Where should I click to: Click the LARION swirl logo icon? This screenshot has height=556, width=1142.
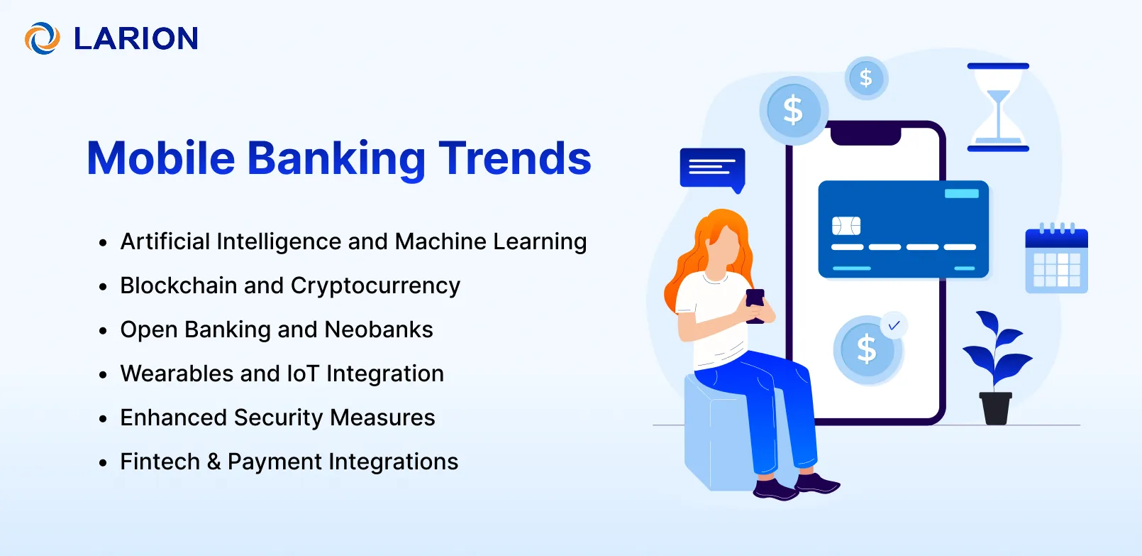pyautogui.click(x=42, y=38)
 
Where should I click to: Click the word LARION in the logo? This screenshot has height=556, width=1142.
pyautogui.click(x=136, y=39)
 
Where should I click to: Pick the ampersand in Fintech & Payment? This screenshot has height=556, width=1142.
pyautogui.click(x=214, y=462)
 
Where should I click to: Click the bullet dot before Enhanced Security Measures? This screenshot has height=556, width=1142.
pyautogui.click(x=104, y=419)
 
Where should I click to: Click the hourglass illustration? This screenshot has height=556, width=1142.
pyautogui.click(x=998, y=107)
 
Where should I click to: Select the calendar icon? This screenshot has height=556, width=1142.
pyautogui.click(x=1056, y=260)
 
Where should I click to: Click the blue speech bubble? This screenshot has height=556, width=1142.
pyautogui.click(x=711, y=168)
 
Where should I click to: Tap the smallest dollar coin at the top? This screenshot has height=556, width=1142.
pyautogui.click(x=866, y=78)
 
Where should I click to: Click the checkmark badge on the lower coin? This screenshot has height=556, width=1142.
pyautogui.click(x=894, y=325)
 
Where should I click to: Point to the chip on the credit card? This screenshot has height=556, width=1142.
pyautogui.click(x=846, y=226)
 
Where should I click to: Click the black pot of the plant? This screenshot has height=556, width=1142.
pyautogui.click(x=996, y=408)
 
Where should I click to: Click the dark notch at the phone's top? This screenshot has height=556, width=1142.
pyautogui.click(x=865, y=134)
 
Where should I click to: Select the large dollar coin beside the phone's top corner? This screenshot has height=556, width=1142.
pyautogui.click(x=793, y=111)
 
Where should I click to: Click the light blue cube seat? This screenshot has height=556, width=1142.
pyautogui.click(x=716, y=440)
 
